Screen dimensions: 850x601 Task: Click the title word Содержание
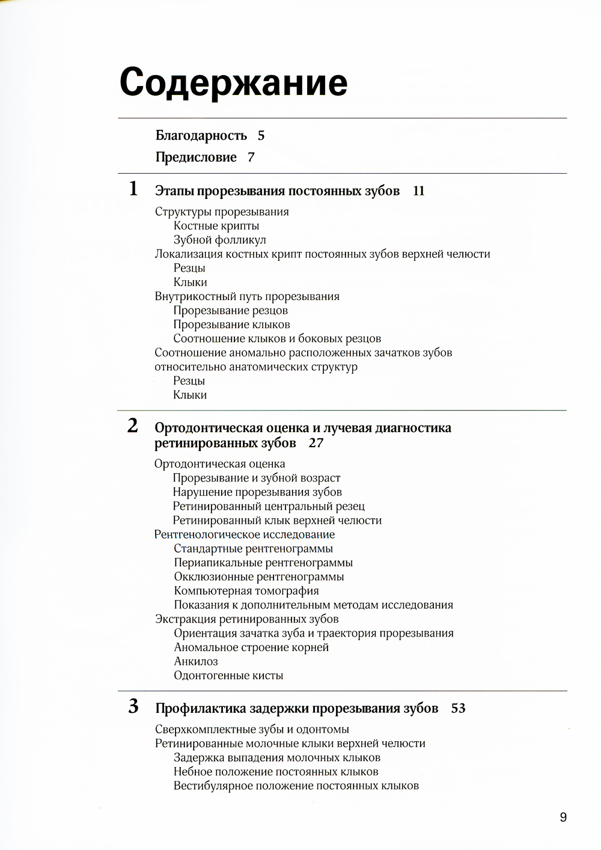233,82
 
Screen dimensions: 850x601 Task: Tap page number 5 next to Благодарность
261,136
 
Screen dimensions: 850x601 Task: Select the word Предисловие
196,157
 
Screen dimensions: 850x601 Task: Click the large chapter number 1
133,189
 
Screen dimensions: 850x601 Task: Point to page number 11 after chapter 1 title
419,191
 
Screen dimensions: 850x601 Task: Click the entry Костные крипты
216,226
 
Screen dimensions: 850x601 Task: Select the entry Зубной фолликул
219,240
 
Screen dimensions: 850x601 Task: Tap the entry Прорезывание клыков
231,325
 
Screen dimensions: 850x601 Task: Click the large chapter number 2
133,426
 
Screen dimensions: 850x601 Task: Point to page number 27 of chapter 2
316,444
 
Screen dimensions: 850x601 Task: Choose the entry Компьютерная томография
246,591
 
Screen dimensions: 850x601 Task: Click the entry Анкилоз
196,661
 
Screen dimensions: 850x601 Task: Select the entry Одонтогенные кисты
228,676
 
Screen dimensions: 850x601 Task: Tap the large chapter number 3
133,706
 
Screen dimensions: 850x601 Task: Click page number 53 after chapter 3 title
458,709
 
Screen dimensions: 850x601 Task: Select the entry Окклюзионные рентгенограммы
259,577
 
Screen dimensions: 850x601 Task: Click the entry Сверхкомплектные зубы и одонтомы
252,730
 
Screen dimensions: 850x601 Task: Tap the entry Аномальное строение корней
251,647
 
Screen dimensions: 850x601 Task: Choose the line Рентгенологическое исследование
245,534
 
